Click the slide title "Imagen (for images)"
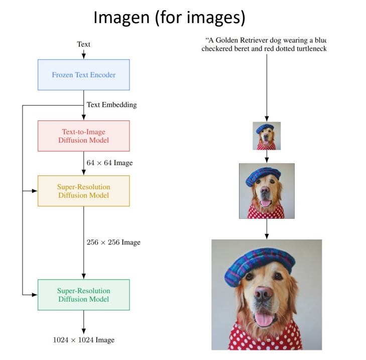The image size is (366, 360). [169, 19]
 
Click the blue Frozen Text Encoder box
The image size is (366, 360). [83, 75]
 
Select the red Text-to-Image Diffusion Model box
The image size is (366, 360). [83, 136]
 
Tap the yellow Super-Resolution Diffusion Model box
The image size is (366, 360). [83, 191]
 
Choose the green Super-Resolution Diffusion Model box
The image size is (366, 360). [83, 294]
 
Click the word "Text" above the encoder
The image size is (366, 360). [83, 44]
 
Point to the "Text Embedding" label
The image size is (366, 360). [111, 105]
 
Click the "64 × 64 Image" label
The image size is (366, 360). [109, 163]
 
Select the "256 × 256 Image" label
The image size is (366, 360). [113, 243]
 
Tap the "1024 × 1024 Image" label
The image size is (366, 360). [83, 340]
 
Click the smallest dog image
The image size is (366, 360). [267, 136]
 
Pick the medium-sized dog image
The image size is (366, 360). [267, 191]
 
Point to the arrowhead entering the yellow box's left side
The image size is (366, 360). [35, 191]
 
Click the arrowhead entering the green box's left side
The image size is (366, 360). [35, 294]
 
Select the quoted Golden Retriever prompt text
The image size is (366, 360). [264, 44]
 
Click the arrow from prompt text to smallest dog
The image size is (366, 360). [267, 85]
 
